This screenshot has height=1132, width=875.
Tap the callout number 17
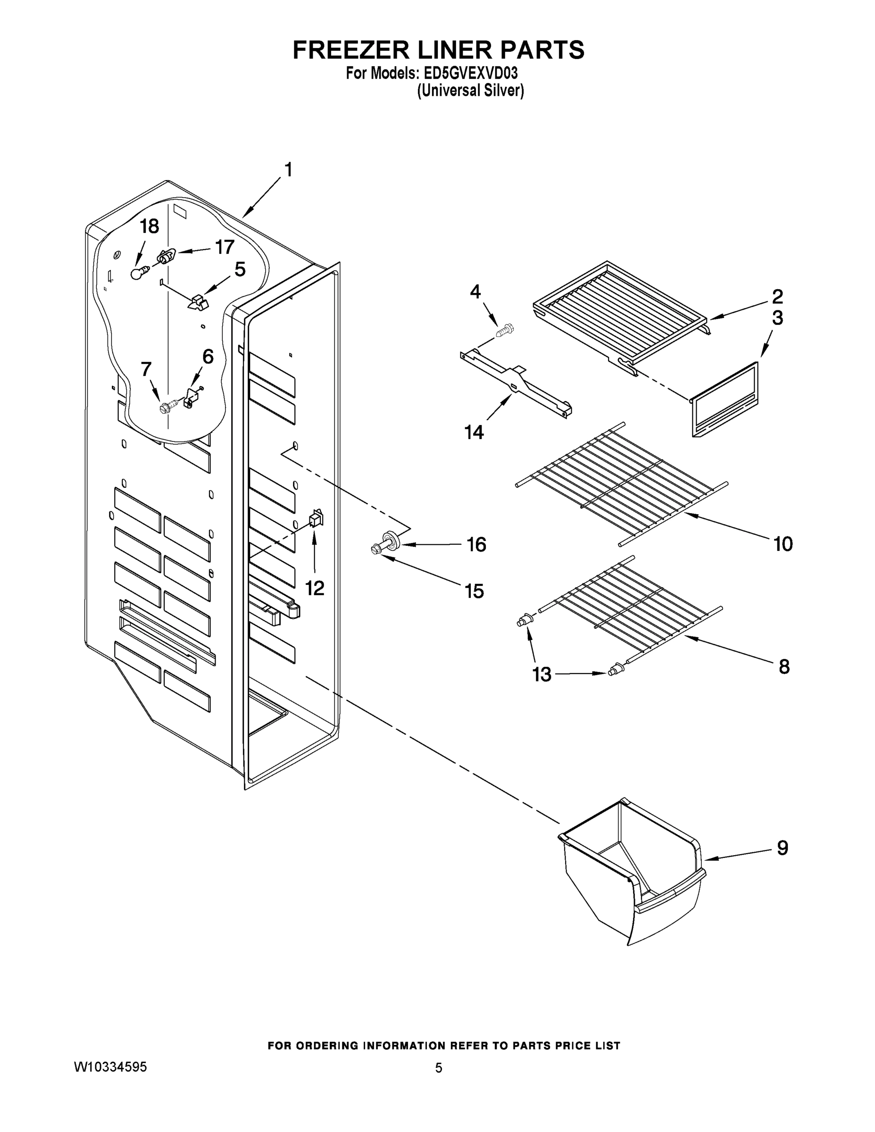(225, 247)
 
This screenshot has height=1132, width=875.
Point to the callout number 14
(474, 432)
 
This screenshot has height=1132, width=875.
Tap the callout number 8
(784, 666)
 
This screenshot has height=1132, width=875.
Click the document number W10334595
(110, 1067)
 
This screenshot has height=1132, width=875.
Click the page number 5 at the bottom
(439, 1068)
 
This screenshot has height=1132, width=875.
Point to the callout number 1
(288, 170)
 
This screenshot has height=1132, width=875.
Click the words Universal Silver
(470, 91)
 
